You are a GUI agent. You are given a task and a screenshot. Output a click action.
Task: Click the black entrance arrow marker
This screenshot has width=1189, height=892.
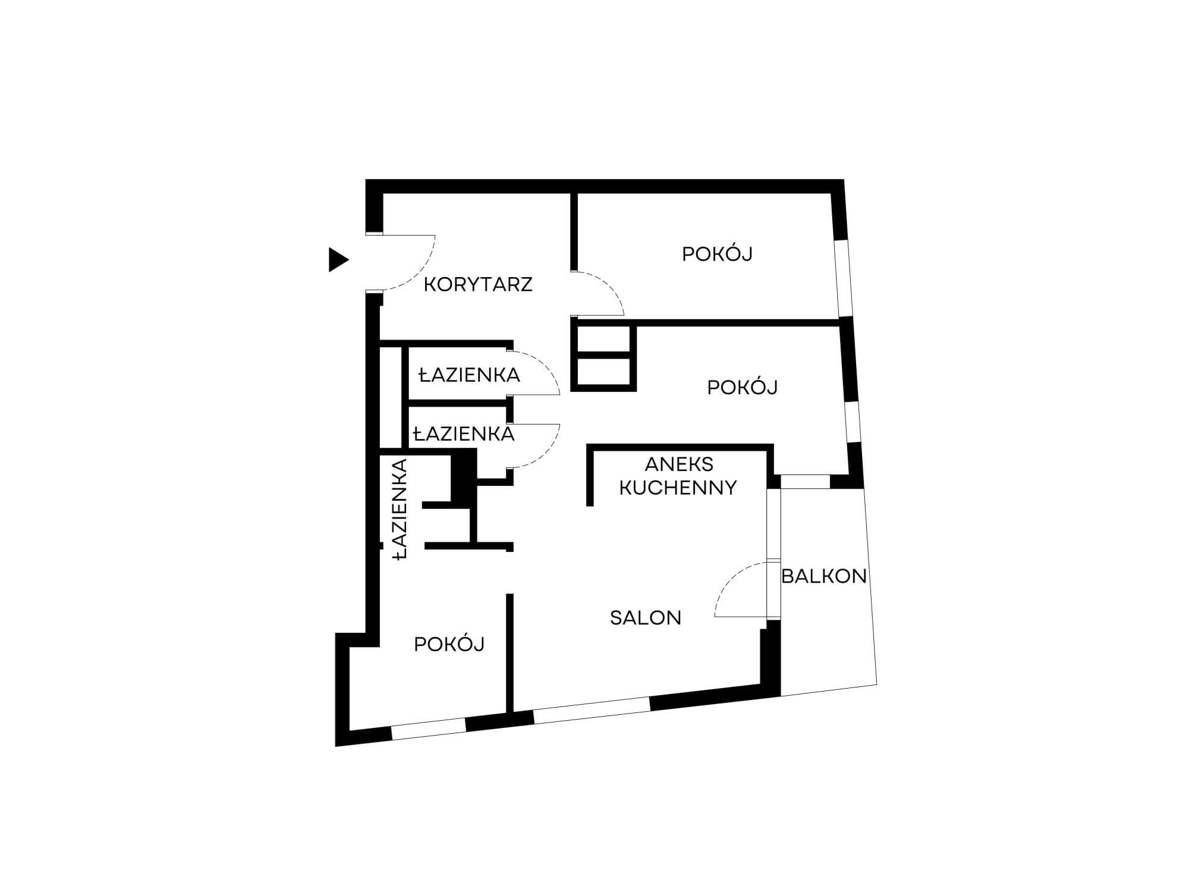(338, 260)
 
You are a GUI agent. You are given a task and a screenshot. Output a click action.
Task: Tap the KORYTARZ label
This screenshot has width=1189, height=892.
(478, 285)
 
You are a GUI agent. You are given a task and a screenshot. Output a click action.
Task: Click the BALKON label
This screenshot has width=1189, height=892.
(824, 576)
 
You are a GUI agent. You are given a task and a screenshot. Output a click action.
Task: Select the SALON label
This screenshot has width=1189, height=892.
(646, 618)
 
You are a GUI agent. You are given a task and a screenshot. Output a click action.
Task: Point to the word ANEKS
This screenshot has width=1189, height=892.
(679, 464)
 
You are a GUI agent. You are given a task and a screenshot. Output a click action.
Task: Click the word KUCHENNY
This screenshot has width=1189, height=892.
(678, 488)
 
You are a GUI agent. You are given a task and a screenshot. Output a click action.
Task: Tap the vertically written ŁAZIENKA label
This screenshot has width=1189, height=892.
(400, 509)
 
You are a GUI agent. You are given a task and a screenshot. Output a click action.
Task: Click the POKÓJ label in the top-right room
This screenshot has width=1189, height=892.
(718, 254)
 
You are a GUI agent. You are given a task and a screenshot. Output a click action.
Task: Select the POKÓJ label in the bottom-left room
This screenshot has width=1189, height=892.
(449, 644)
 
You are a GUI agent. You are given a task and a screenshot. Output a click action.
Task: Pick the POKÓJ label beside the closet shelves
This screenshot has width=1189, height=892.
(743, 387)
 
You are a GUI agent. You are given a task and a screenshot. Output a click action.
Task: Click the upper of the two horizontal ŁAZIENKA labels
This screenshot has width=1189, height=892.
(470, 375)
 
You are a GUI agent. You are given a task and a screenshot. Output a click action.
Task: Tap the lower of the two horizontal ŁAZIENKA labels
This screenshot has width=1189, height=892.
(464, 434)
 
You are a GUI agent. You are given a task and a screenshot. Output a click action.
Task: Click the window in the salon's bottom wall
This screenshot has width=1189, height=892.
(592, 711)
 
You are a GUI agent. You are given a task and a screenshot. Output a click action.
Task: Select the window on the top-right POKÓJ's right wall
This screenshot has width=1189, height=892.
(844, 278)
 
